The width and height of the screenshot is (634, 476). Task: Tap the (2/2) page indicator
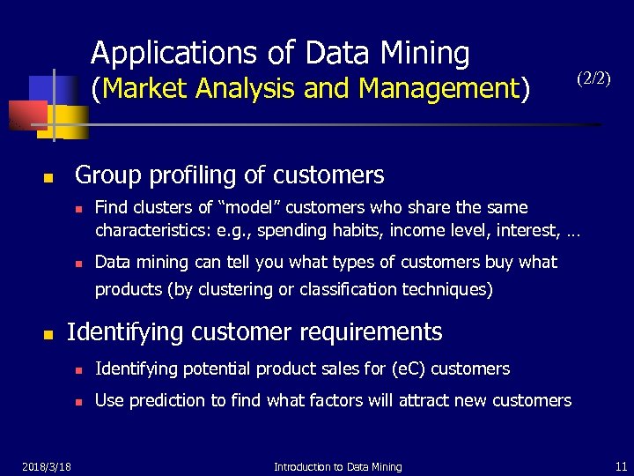click(x=593, y=78)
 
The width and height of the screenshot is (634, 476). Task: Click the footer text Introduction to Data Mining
click(x=338, y=466)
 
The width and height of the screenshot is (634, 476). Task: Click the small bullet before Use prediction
click(x=78, y=402)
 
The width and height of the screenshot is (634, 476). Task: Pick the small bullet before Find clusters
click(x=78, y=210)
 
